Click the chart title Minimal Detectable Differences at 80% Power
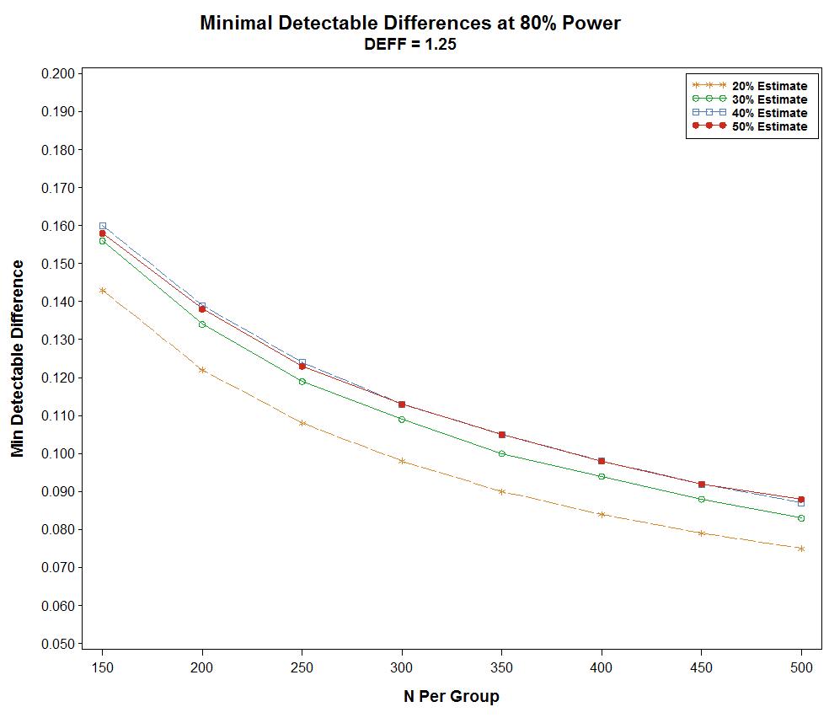410,24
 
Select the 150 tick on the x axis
102,667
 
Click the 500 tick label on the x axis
801,667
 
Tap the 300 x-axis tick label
402,667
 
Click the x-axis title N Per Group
451,697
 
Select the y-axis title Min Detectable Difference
18,358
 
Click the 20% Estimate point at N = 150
102,291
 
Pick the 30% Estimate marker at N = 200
202,324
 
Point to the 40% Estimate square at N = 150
102,226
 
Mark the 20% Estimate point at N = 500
801,549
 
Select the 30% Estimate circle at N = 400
602,476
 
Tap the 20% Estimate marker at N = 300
402,461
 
